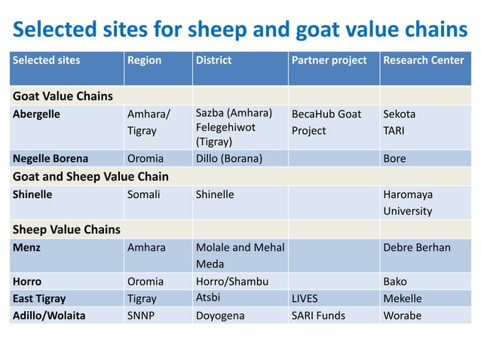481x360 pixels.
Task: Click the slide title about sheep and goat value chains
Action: point(240,29)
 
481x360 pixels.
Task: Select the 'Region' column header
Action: point(144,60)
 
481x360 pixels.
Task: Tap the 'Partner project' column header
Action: point(329,60)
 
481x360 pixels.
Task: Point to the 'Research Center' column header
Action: point(424,60)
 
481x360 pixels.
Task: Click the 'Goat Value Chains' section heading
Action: point(63,96)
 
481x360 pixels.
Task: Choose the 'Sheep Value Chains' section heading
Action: point(66,229)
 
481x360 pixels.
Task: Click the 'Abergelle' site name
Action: point(36,114)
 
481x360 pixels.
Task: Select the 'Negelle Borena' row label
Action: point(51,159)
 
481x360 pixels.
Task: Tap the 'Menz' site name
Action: point(27,247)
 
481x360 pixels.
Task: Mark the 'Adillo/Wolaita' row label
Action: point(49,316)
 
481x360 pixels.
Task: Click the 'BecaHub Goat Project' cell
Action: point(326,122)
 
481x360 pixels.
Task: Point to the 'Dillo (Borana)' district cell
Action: point(228,159)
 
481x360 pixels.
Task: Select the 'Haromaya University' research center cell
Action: point(408,203)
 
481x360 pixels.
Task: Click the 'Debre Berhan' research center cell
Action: point(417,247)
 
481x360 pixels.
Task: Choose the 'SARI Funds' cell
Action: point(318,316)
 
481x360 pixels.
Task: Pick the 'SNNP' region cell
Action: point(141,316)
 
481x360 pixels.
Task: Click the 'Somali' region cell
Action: point(144,194)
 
